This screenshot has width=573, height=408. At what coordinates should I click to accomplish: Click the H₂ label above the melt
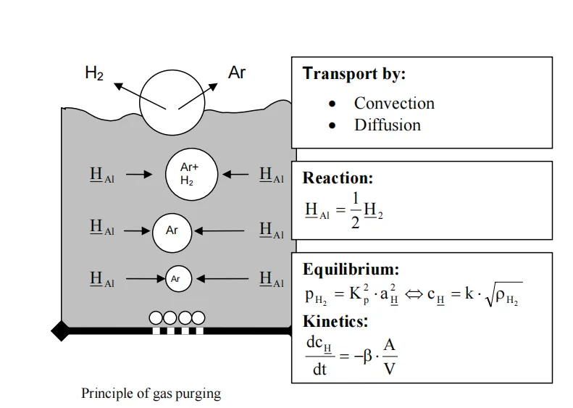click(x=94, y=72)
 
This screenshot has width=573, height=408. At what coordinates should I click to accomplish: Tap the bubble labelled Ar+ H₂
click(x=189, y=175)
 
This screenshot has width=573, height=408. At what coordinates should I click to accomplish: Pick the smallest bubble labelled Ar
click(x=176, y=278)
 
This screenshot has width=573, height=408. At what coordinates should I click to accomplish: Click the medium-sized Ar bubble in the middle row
click(x=172, y=231)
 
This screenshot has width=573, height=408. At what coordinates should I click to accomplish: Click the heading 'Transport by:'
click(x=354, y=73)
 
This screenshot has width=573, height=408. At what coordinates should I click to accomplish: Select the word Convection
click(x=394, y=103)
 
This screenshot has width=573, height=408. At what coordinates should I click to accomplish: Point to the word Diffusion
click(x=387, y=125)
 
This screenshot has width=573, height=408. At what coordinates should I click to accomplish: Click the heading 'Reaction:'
click(x=338, y=178)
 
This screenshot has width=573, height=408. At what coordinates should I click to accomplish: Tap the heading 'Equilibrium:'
click(x=351, y=270)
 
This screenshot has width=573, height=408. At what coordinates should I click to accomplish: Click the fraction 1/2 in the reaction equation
click(x=355, y=210)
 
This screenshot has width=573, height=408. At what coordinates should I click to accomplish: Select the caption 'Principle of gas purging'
click(x=151, y=394)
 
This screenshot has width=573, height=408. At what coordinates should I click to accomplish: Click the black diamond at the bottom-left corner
click(x=61, y=330)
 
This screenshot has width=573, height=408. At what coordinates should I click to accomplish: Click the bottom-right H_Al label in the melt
click(x=272, y=279)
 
